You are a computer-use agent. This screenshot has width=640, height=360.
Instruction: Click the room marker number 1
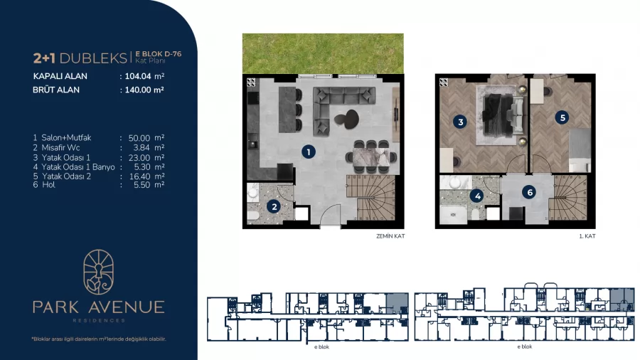coord(309,152)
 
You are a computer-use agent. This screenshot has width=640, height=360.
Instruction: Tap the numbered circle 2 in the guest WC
coord(274,206)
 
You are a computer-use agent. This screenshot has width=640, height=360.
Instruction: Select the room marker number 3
coord(460,122)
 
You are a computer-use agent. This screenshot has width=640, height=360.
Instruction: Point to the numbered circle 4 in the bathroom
coord(477,196)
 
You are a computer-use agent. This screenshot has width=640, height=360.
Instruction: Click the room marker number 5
coord(562,117)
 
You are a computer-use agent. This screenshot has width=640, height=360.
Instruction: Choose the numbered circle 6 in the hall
coord(529,192)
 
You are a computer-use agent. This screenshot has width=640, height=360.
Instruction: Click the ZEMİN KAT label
coord(390,236)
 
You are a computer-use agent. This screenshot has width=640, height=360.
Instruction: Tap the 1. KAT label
coord(587,236)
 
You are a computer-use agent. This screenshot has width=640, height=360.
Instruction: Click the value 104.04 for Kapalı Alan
coord(138,76)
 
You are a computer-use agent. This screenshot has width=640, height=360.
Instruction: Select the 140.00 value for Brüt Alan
coord(138,90)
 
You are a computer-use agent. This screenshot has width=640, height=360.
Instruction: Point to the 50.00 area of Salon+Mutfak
coord(139,138)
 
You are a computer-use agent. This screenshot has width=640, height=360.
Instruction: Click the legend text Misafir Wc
coord(61,148)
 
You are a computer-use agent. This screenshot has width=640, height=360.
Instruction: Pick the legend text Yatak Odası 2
coord(66,176)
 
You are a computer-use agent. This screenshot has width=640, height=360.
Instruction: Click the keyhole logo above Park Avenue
coord(98,272)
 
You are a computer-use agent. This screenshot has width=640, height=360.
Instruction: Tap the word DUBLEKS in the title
coord(93,58)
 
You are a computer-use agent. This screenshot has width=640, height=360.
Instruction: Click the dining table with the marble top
coord(370,157)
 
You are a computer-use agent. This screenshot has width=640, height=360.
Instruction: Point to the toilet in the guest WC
coord(253,216)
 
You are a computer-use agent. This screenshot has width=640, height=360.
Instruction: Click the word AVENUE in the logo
coord(126,307)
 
